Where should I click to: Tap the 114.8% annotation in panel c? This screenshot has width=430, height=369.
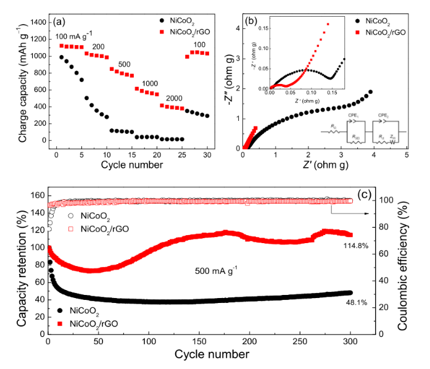click(356, 246)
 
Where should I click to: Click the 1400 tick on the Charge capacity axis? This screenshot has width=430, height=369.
click(37, 22)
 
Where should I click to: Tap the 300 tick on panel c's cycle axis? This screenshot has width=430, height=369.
click(350, 341)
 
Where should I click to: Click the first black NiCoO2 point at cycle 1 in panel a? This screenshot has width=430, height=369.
click(62, 57)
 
